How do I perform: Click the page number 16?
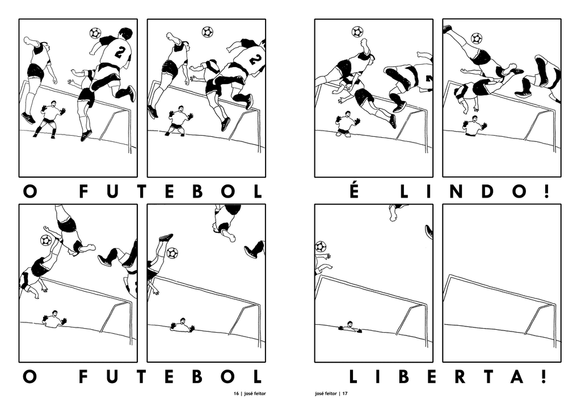[235, 393]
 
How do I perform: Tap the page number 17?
[344, 393]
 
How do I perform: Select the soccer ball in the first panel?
[95, 33]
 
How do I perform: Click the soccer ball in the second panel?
[208, 32]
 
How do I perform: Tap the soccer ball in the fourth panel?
[477, 39]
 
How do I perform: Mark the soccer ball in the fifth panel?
[46, 240]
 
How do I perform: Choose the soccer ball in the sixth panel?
[172, 253]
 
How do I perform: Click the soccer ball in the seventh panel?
[321, 246]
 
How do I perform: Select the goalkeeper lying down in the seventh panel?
[350, 327]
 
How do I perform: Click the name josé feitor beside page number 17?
[325, 393]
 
